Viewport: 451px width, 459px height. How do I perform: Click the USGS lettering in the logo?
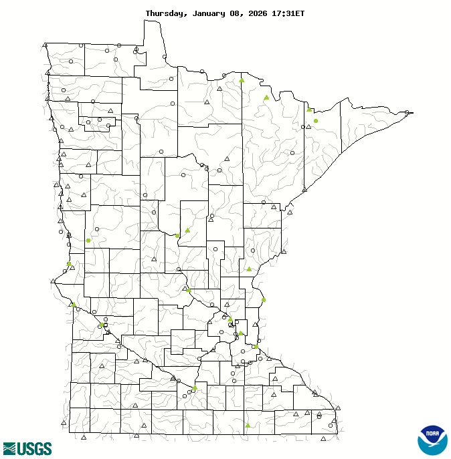(x=33, y=448)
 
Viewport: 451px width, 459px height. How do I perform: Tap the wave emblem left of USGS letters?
(x=9, y=448)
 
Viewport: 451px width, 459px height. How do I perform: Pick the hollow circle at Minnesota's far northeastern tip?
(x=408, y=112)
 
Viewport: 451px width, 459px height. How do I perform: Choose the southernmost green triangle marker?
(x=248, y=425)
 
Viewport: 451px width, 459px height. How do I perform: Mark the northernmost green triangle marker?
(x=242, y=80)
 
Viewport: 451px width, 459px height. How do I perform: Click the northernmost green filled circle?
(x=316, y=121)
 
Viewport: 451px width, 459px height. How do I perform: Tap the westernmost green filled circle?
(x=68, y=264)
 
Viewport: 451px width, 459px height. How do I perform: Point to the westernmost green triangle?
(x=73, y=304)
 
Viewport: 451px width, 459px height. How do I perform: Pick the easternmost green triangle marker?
(x=308, y=109)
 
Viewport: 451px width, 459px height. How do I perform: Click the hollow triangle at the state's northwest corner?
(x=45, y=45)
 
